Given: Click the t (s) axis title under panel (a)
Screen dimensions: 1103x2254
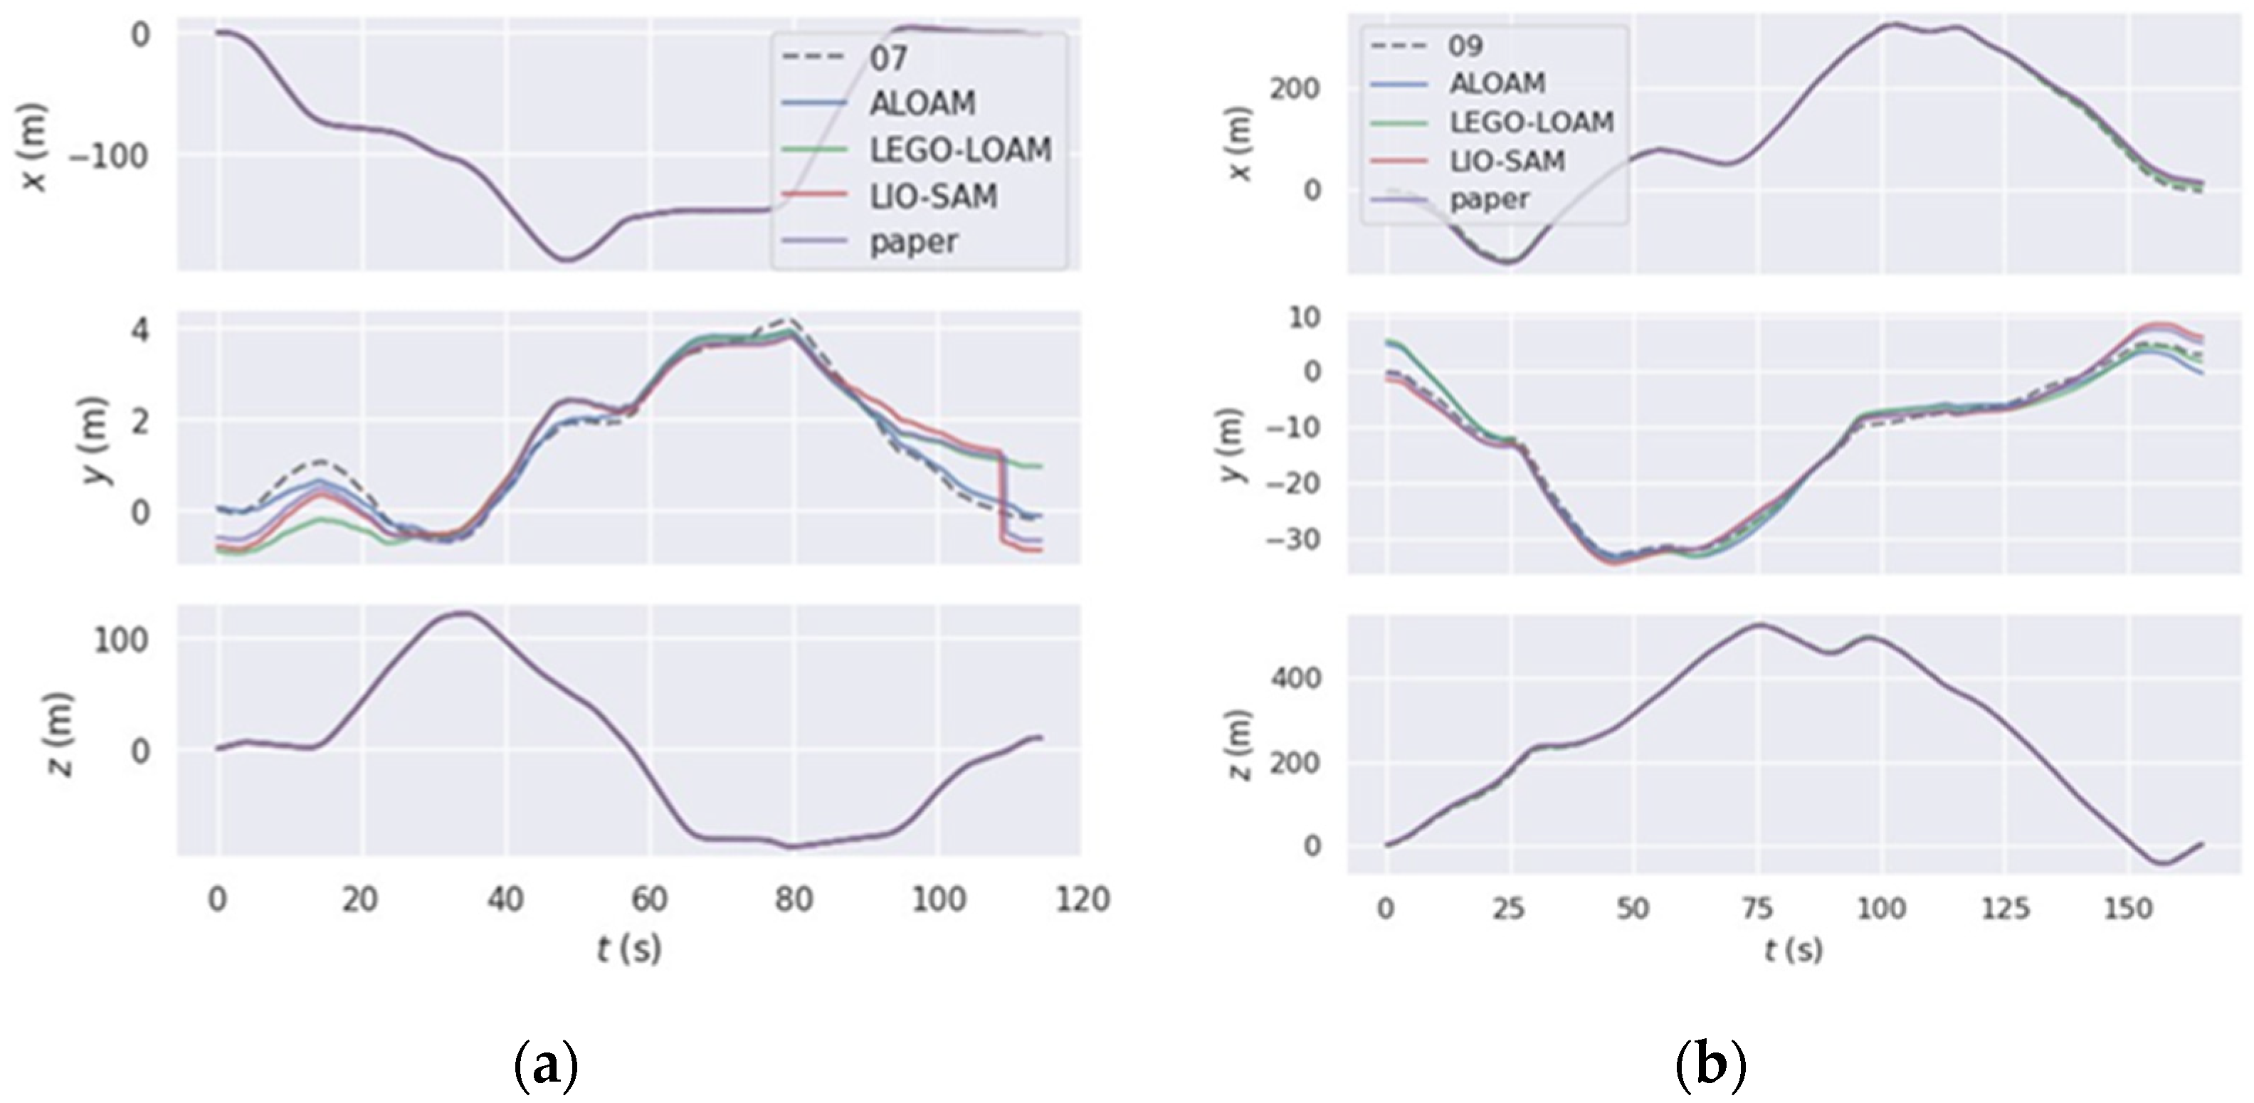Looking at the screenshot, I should pyautogui.click(x=629, y=948).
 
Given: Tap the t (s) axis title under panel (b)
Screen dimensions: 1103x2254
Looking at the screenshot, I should pyautogui.click(x=1793, y=950).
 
